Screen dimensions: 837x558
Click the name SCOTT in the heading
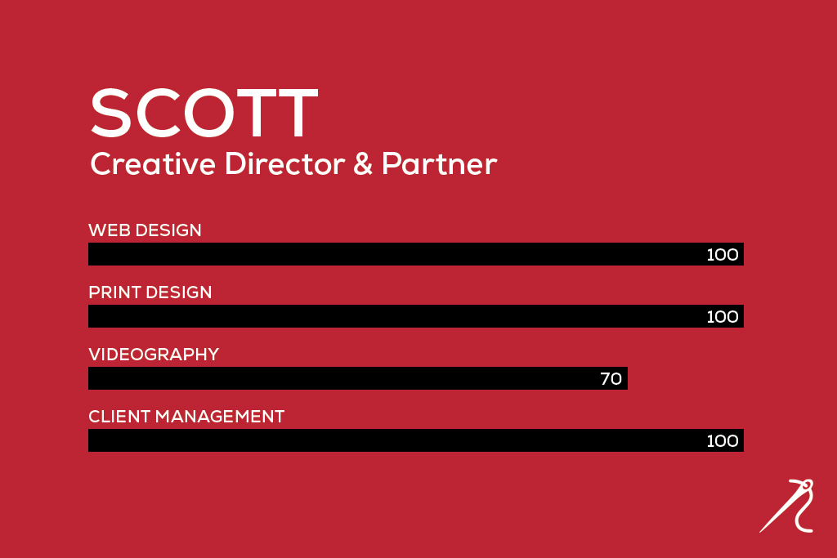(x=204, y=113)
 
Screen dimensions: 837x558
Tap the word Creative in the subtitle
(x=153, y=163)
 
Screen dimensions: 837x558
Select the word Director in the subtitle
(x=285, y=163)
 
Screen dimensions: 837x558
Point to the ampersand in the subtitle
(x=363, y=163)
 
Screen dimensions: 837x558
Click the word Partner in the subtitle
(x=439, y=163)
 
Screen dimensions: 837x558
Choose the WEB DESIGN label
(x=145, y=230)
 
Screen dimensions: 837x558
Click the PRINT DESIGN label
(x=150, y=292)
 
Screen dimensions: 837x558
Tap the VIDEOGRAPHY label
(x=154, y=355)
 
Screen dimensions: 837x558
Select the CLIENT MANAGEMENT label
(x=186, y=416)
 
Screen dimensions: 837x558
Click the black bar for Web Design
(x=416, y=254)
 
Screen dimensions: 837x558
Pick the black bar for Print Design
(x=416, y=316)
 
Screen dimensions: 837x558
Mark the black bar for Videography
(x=358, y=378)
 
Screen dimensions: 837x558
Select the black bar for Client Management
(x=416, y=440)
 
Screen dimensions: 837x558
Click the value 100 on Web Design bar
(x=723, y=254)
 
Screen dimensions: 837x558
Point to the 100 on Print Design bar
(x=723, y=316)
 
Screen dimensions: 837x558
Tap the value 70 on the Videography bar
(x=611, y=379)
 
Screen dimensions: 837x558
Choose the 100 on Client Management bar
(x=723, y=440)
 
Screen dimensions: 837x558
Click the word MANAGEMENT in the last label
(x=220, y=416)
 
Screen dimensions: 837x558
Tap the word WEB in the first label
(x=110, y=230)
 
